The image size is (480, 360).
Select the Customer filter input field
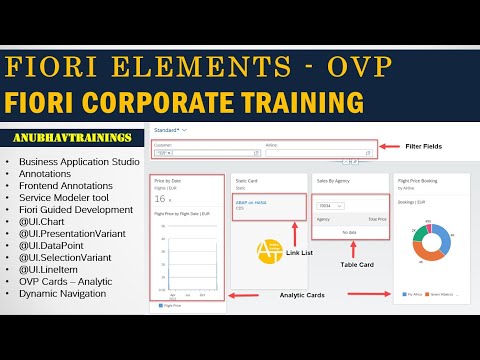pyautogui.click(x=204, y=153)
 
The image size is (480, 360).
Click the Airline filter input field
pyautogui.click(x=321, y=153)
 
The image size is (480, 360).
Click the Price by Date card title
pyautogui.click(x=170, y=180)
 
